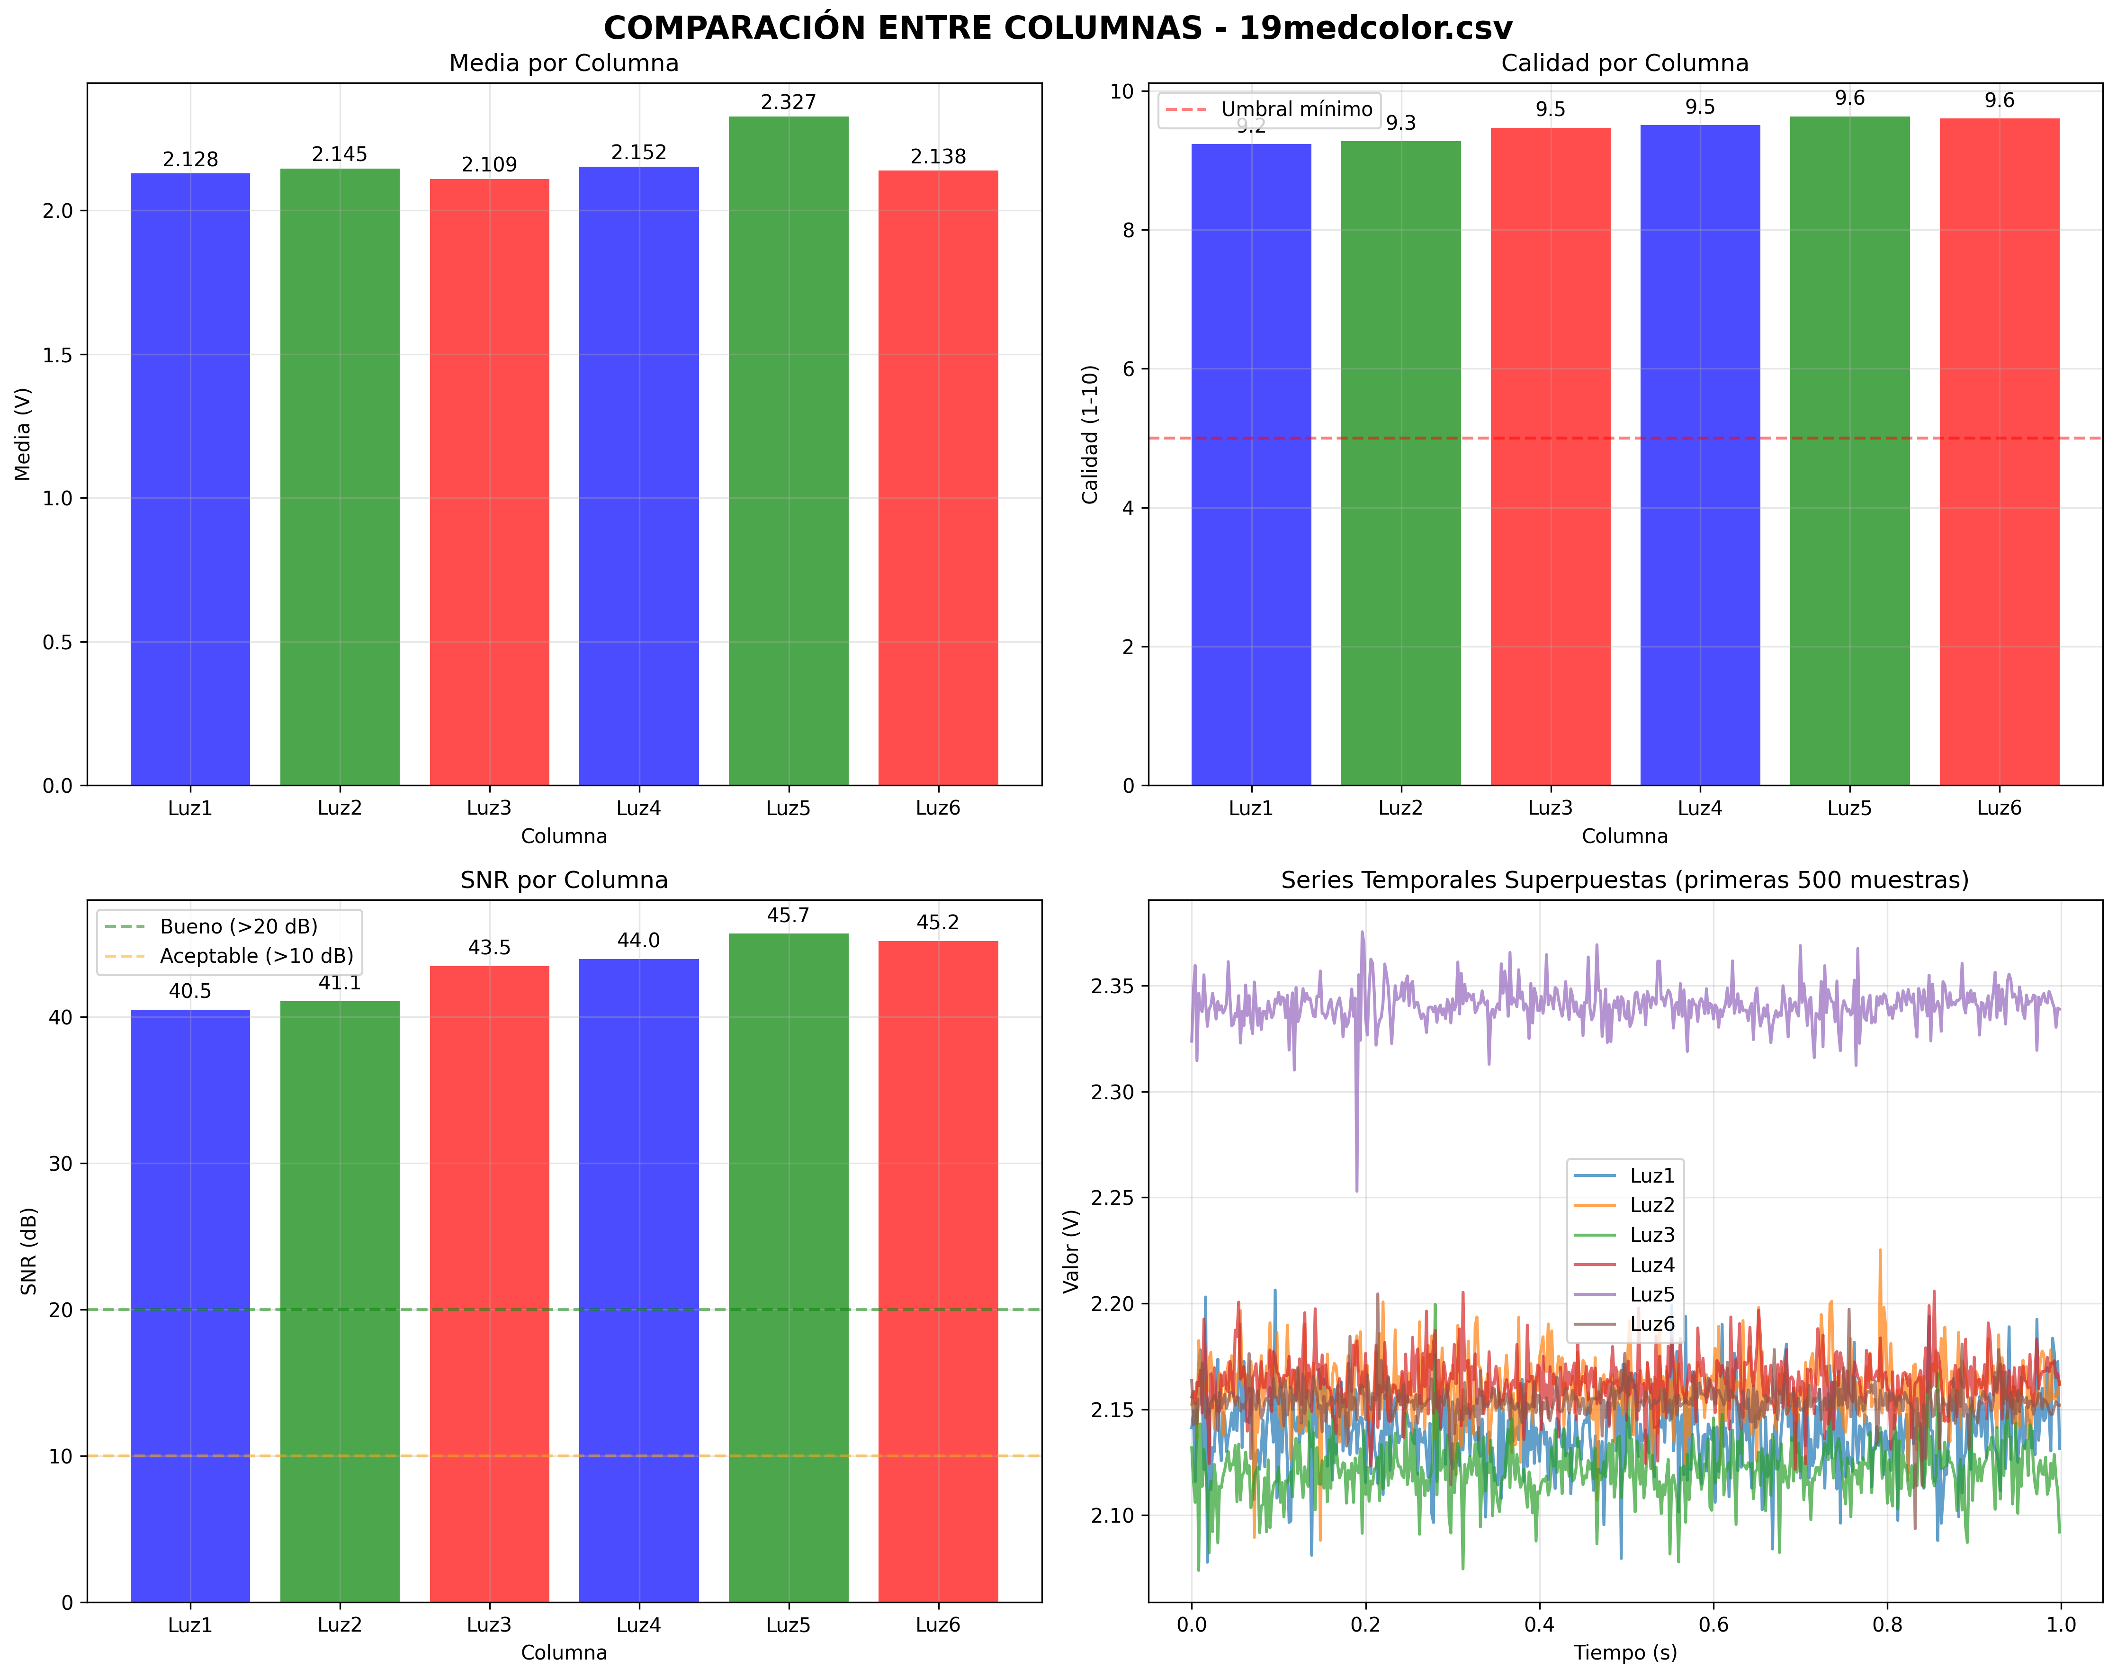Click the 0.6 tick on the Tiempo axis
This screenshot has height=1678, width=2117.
point(1713,1625)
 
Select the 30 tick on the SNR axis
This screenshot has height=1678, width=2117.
point(61,1164)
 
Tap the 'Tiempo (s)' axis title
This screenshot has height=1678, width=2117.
point(1625,1652)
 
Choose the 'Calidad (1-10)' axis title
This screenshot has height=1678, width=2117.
point(1090,434)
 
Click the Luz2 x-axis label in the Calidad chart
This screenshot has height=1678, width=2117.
point(1400,808)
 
